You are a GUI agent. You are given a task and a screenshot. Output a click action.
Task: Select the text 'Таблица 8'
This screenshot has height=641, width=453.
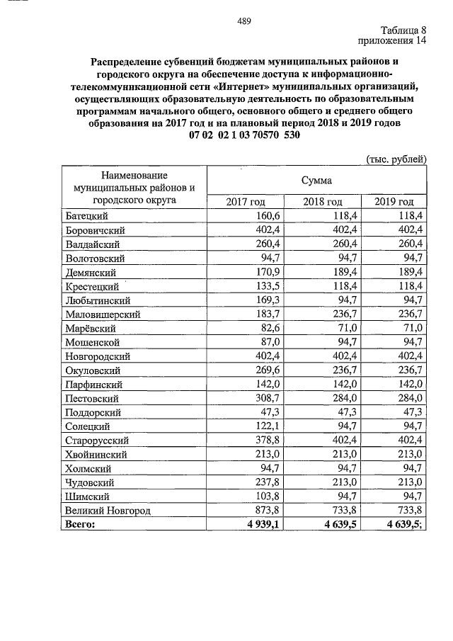[403, 30]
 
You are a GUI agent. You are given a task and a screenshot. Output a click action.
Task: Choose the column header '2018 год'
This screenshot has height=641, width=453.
[323, 202]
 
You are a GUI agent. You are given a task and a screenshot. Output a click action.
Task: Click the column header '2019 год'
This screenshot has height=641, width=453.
[394, 202]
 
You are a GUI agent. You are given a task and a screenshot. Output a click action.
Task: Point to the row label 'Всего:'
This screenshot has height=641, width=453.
[79, 525]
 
